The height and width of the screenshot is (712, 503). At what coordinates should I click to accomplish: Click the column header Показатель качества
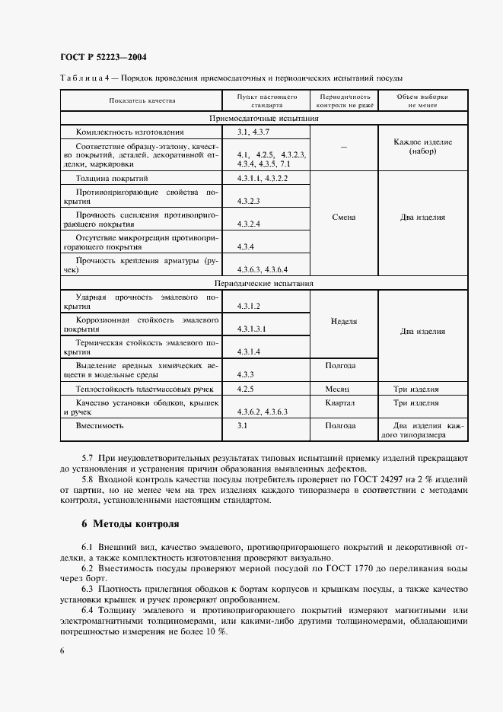click(x=142, y=100)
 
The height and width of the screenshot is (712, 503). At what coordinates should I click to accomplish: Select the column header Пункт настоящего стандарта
click(x=266, y=100)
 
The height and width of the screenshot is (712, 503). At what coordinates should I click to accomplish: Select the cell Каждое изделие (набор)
click(x=423, y=147)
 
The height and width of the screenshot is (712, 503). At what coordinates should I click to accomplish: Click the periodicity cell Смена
click(x=345, y=217)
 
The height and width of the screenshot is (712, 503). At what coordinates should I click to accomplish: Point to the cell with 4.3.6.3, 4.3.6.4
click(x=262, y=269)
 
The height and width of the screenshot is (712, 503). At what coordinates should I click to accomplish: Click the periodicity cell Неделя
click(x=345, y=321)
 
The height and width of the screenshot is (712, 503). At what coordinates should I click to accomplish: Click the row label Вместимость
click(x=100, y=425)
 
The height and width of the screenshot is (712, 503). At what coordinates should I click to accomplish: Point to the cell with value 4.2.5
click(x=244, y=388)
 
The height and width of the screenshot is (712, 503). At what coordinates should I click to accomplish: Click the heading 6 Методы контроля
click(x=130, y=524)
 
